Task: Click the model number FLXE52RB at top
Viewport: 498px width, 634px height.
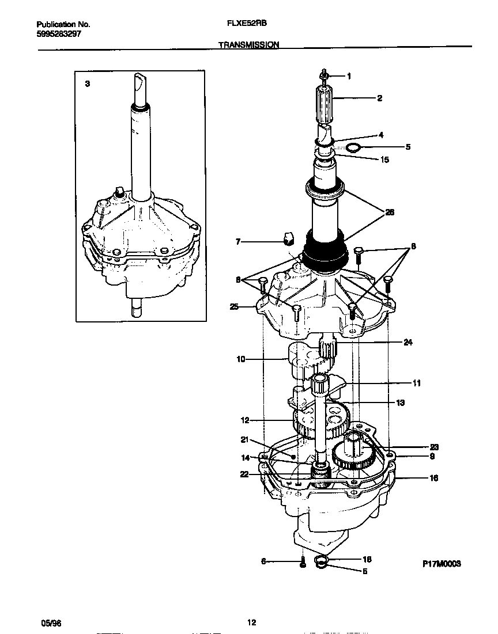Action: pyautogui.click(x=247, y=25)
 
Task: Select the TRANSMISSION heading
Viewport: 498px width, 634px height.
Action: pyautogui.click(x=249, y=44)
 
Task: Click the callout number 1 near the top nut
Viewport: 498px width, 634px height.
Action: pyautogui.click(x=349, y=76)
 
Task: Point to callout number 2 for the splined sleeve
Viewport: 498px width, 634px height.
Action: pyautogui.click(x=379, y=98)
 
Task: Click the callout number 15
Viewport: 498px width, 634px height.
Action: pyautogui.click(x=385, y=160)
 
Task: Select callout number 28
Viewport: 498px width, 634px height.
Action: pyautogui.click(x=390, y=212)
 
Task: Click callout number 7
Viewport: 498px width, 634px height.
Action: pyautogui.click(x=237, y=242)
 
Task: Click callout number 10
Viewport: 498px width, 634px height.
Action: pyautogui.click(x=241, y=359)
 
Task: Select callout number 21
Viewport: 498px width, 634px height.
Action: pyautogui.click(x=244, y=440)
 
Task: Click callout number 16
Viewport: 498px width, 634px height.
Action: pyautogui.click(x=434, y=478)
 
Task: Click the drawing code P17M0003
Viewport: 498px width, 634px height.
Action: pyautogui.click(x=441, y=565)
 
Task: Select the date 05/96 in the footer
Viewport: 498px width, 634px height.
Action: pyautogui.click(x=50, y=623)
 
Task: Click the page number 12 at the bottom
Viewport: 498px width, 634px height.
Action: pyautogui.click(x=251, y=622)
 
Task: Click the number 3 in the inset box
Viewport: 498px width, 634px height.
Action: pyautogui.click(x=87, y=83)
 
